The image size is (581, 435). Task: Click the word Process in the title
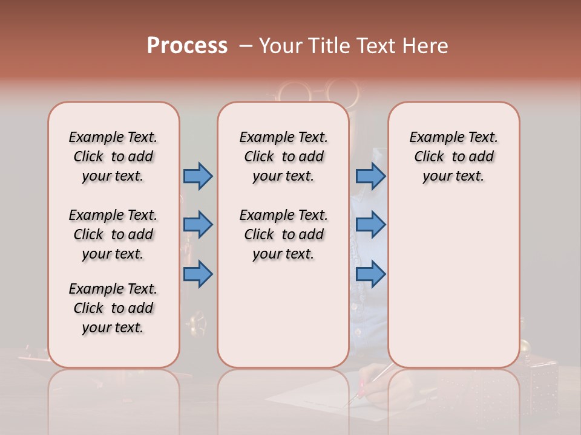point(187,45)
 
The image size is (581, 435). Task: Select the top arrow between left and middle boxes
point(198,176)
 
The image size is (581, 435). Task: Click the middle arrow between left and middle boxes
point(198,225)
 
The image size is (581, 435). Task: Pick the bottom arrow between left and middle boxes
point(198,274)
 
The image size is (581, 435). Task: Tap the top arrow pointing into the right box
point(370,176)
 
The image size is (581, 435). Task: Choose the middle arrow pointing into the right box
point(370,225)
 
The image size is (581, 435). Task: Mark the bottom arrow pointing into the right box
point(370,274)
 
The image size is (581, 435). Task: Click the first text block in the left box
point(113,156)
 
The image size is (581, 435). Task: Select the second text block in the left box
point(113,234)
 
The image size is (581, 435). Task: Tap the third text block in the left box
point(113,308)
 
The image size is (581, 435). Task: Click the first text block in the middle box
point(283,156)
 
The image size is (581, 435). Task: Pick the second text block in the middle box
point(283,234)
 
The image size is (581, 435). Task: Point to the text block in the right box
point(454,156)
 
